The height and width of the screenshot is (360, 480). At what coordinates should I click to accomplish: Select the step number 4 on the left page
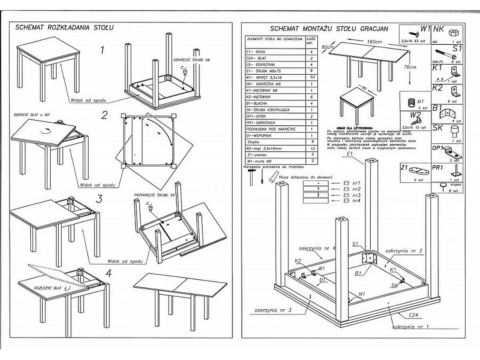click(109, 273)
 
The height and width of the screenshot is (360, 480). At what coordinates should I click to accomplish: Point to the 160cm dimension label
click(374, 42)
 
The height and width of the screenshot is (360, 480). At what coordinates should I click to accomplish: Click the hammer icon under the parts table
click(249, 179)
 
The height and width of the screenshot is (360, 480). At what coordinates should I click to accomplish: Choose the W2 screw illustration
click(420, 122)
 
